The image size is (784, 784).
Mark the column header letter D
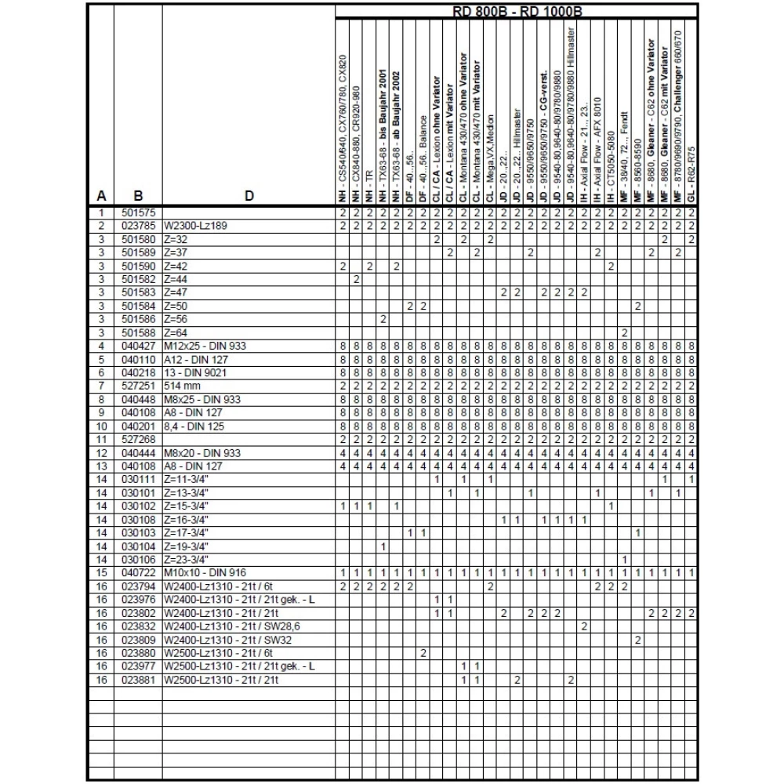(248, 196)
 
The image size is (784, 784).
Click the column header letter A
(101, 196)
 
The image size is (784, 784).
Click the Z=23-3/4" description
(187, 560)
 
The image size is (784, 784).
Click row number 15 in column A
(101, 574)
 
